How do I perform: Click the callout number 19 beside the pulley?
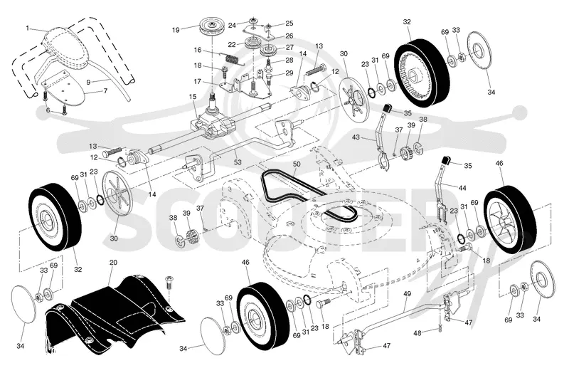176,30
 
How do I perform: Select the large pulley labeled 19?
210,27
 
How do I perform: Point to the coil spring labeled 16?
233,58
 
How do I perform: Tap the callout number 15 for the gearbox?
192,97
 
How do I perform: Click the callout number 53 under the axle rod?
238,162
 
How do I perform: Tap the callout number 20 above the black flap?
113,262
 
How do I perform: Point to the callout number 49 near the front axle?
407,293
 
